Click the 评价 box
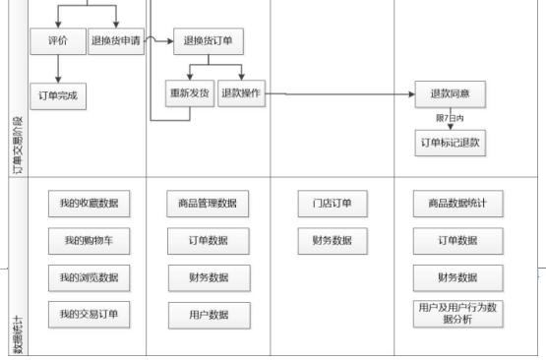tap(58, 42)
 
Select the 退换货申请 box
tap(116, 42)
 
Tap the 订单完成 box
tap(58, 95)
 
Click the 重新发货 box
tap(190, 93)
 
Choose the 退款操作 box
tap(241, 93)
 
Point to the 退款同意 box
tap(450, 94)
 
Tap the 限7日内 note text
tap(450, 117)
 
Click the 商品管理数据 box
tap(207, 204)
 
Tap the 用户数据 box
tap(207, 314)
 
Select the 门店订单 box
tap(332, 204)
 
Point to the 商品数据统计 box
tap(457, 204)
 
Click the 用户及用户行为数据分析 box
tap(457, 314)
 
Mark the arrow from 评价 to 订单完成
tap(58, 69)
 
